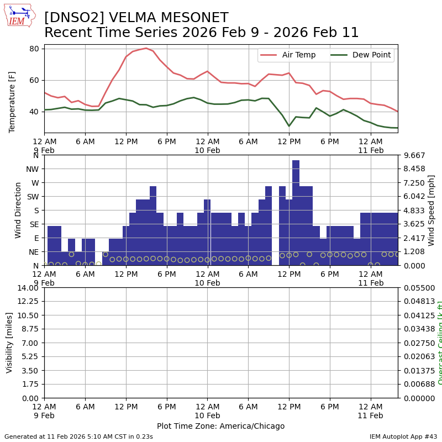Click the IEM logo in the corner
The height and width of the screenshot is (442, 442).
click(19, 15)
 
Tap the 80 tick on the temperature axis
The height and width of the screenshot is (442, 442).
click(34, 49)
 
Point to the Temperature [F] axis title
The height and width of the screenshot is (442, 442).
click(12, 102)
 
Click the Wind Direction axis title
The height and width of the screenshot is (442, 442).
click(18, 210)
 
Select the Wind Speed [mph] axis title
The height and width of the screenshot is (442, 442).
click(432, 210)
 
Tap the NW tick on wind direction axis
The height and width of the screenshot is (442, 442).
click(33, 169)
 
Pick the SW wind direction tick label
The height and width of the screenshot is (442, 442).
click(33, 197)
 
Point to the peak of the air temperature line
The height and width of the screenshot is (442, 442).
click(146, 48)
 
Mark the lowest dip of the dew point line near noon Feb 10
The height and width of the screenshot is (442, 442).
click(289, 126)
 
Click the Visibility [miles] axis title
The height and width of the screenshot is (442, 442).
click(9, 343)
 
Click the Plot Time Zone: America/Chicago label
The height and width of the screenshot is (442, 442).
click(220, 426)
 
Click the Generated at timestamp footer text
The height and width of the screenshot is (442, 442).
click(78, 436)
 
